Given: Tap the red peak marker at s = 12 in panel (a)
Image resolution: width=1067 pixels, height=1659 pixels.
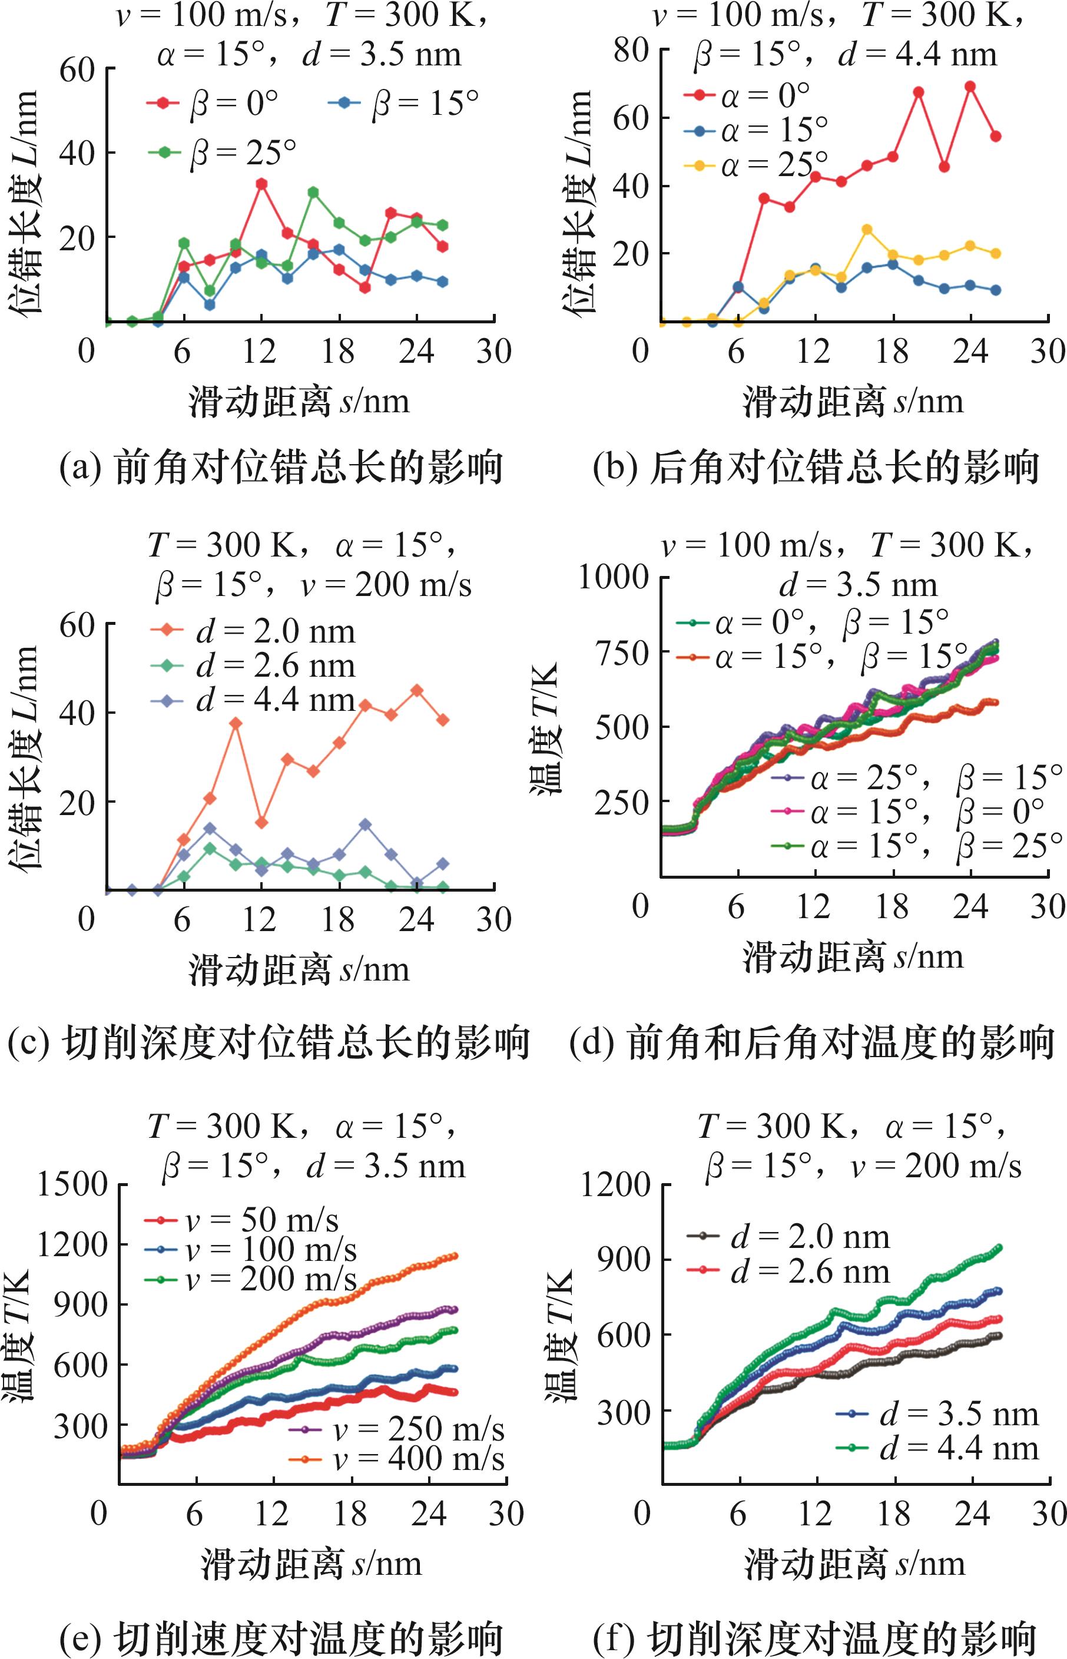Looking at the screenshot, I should coord(262,184).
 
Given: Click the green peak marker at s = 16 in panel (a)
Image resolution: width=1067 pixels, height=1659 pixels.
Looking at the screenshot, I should coord(313,192).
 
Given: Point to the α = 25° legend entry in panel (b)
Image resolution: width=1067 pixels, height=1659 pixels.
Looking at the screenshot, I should coord(756,165).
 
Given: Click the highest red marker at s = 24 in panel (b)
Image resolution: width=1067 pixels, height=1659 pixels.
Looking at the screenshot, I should coord(970,87).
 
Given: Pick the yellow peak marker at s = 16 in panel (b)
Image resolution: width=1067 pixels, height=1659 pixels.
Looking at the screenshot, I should coord(867,229).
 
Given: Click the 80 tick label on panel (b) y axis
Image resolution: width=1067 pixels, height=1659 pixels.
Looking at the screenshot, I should coord(631,50).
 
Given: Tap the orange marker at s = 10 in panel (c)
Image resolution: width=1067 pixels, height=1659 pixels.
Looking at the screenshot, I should coord(236,723).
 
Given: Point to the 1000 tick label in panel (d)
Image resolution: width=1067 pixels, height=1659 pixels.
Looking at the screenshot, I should coord(614,577).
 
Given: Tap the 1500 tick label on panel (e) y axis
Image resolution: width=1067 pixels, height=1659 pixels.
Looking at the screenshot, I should coord(72,1185).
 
